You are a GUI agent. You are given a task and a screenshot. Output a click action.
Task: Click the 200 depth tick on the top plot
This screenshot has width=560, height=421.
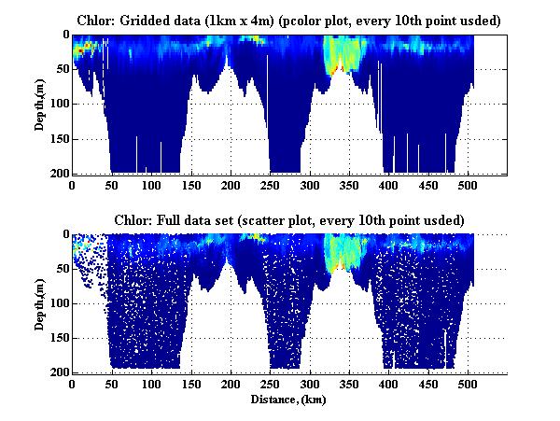(58, 174)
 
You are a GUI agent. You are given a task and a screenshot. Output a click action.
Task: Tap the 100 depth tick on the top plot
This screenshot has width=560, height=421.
(58, 104)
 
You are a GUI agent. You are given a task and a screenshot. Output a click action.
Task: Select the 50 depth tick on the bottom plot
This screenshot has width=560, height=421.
(61, 268)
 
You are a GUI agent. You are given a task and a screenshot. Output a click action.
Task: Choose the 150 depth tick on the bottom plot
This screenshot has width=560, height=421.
(58, 338)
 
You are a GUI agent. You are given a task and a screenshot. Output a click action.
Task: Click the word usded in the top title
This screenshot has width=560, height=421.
(469, 20)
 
